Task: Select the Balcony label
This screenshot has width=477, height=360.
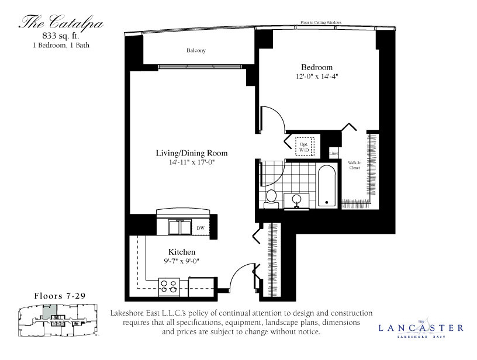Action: pyautogui.click(x=196, y=51)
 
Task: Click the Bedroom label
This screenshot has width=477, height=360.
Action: pyautogui.click(x=317, y=67)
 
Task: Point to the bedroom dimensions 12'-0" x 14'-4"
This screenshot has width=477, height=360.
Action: pyautogui.click(x=317, y=77)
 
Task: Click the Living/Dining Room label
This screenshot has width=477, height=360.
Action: pyautogui.click(x=191, y=153)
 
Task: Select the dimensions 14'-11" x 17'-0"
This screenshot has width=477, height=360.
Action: pyautogui.click(x=191, y=162)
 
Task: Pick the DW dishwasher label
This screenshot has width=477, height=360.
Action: pyautogui.click(x=200, y=228)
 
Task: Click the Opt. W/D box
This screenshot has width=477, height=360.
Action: pyautogui.click(x=304, y=147)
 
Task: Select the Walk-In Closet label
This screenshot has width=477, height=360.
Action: pyautogui.click(x=354, y=165)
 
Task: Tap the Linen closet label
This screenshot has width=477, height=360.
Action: pyautogui.click(x=334, y=154)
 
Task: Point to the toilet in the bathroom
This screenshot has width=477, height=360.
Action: pyautogui.click(x=271, y=198)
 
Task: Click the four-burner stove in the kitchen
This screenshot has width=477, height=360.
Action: pyautogui.click(x=170, y=286)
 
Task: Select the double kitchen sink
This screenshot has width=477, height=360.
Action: pyautogui.click(x=179, y=226)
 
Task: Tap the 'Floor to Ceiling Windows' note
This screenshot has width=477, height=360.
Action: pyautogui.click(x=321, y=23)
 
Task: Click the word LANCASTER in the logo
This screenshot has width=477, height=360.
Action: pyautogui.click(x=421, y=328)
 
